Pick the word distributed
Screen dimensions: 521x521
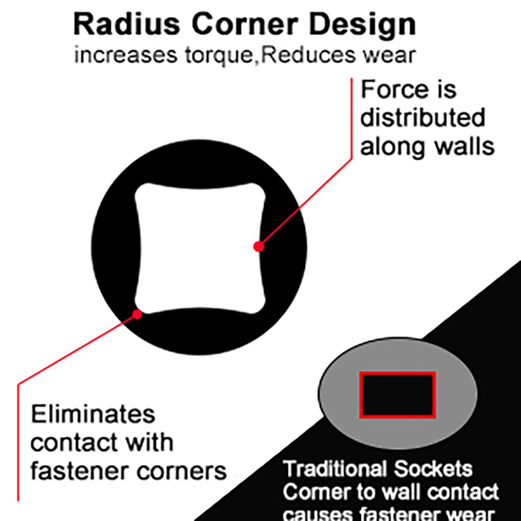tap(423, 118)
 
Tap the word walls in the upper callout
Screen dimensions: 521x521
tap(465, 147)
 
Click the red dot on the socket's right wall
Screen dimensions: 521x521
tap(258, 246)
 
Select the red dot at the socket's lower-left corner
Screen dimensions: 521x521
tap(137, 314)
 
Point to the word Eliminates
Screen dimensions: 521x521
tap(93, 415)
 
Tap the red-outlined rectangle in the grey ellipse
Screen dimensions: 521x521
tap(398, 395)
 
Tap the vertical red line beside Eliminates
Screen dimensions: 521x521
tap(19, 443)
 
